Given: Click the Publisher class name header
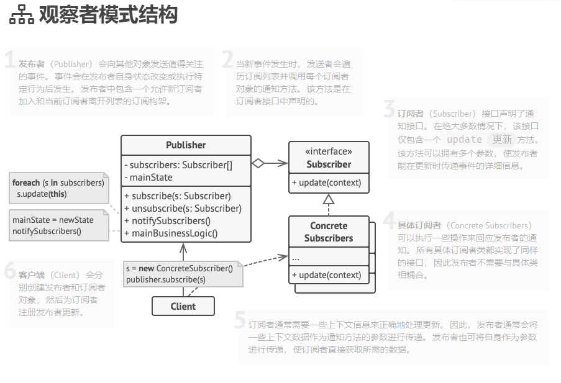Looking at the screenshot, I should pos(186,145).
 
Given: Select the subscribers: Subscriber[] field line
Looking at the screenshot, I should pos(178,165).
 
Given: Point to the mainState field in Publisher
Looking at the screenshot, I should pos(150,178).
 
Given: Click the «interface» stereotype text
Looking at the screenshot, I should pos(329,151).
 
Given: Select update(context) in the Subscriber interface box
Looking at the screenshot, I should pos(326,182).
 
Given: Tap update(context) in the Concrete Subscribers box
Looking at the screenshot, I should pos(326,275).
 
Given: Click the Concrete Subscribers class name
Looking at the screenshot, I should pos(329,232).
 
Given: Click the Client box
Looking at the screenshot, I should pos(183,306).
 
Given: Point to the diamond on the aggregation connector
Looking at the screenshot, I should pos(258,164).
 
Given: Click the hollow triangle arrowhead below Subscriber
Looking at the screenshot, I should pos(329,199).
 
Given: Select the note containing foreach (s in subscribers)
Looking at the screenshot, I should pos(58,188).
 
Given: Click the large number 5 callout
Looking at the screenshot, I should pos(240,320).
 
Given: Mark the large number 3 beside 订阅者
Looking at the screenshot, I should pos(389,110).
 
